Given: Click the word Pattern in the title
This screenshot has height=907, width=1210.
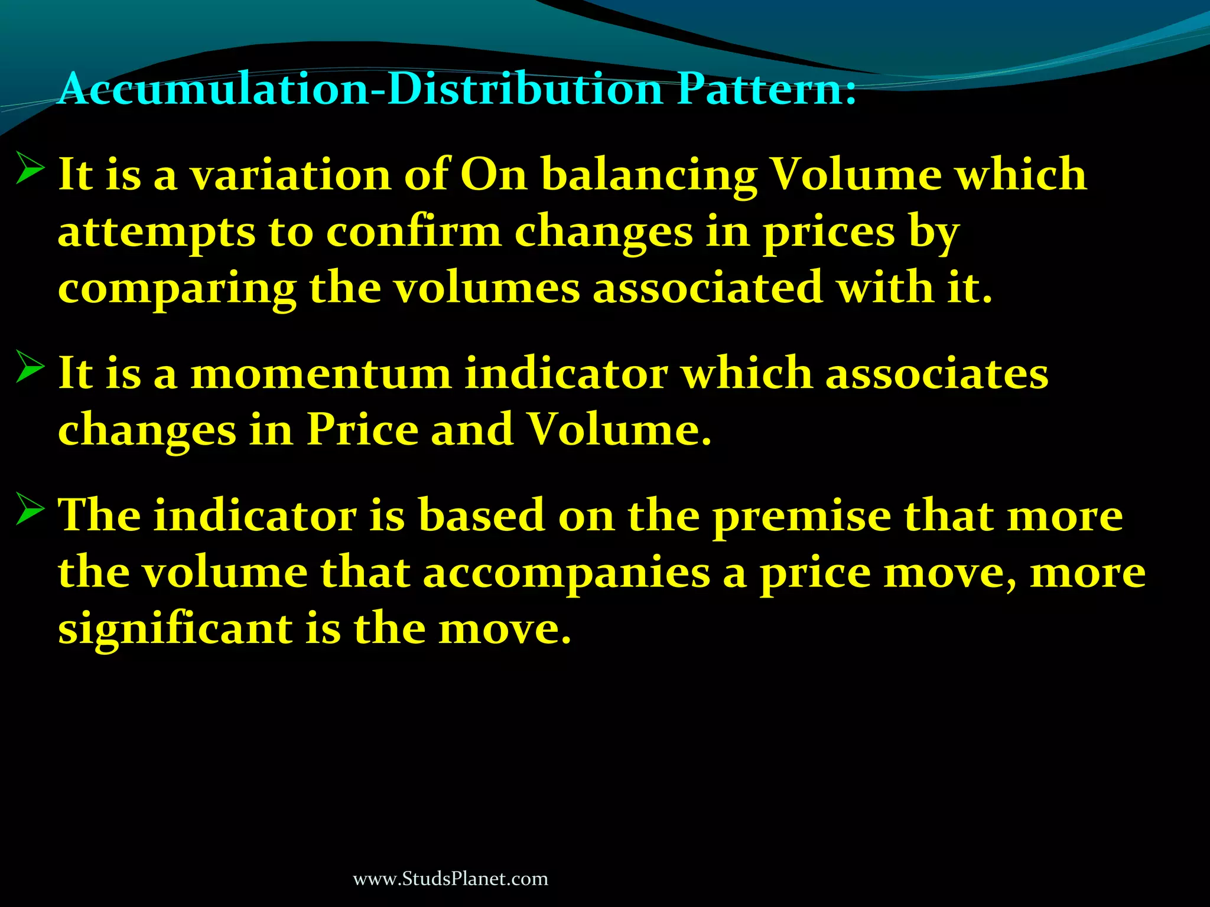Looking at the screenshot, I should (x=766, y=90).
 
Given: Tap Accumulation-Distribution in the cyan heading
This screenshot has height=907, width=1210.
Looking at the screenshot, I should (x=360, y=90).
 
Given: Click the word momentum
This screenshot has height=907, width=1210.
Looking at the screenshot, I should (x=321, y=374).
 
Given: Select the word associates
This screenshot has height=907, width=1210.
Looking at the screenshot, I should (x=936, y=374).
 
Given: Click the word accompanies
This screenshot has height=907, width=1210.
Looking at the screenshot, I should (x=567, y=574).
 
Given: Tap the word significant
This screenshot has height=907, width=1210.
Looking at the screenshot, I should (x=175, y=629).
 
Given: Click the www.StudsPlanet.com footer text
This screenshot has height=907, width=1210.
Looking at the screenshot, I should (x=450, y=879).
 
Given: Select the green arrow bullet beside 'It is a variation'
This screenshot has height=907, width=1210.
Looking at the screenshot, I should (x=30, y=168).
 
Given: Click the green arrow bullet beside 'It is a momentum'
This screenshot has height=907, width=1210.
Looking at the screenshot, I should (x=30, y=367).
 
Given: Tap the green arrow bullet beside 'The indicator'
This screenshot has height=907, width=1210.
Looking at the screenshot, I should (x=30, y=509).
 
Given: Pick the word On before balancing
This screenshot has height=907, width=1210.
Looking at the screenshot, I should (x=493, y=175).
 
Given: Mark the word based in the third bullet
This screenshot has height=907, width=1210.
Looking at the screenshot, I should (x=482, y=516).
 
